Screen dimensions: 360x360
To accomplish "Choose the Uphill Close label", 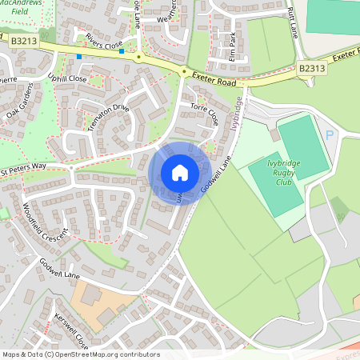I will [66, 78].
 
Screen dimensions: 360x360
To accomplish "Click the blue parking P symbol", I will [329, 135].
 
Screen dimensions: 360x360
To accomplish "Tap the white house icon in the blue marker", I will [180, 173].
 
